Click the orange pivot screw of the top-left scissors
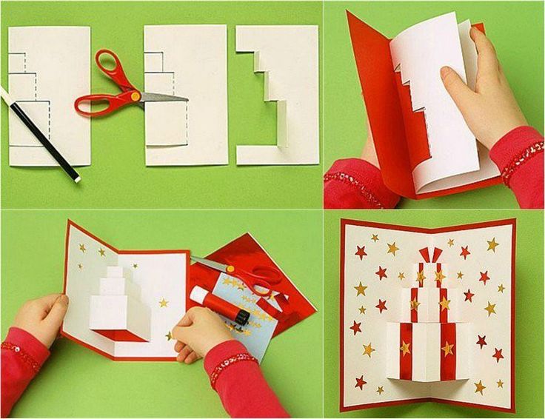[x=136, y=96]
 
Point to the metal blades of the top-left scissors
[x=164, y=96]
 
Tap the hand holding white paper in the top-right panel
[x=481, y=89]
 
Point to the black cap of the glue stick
[x=241, y=317]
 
